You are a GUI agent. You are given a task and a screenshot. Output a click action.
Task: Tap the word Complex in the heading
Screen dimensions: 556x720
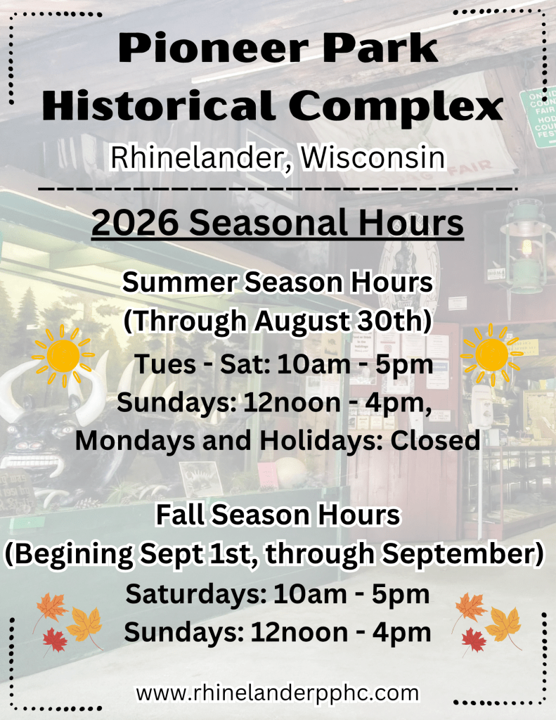396,105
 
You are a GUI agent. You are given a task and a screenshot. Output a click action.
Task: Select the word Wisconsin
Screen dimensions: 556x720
373,157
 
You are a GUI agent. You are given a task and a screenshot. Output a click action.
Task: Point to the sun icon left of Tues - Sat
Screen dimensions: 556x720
63,356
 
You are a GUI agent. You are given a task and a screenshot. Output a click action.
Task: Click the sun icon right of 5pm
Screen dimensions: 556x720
492,355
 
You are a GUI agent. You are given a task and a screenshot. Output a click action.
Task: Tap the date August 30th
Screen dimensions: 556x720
342,321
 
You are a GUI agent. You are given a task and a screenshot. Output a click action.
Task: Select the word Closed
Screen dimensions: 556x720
435,440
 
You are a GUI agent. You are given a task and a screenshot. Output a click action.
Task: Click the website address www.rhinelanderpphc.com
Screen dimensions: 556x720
278,693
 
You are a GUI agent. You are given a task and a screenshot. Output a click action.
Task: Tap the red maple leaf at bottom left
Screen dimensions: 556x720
55,640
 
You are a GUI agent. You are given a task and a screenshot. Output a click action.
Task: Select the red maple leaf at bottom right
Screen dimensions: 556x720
474,640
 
